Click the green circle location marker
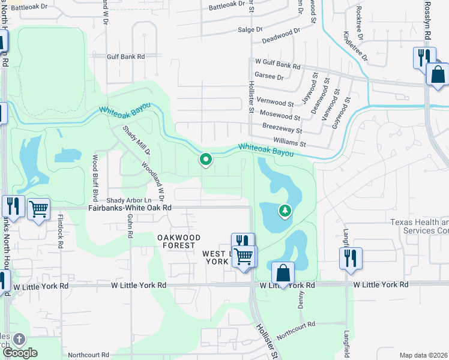pyautogui.click(x=206, y=159)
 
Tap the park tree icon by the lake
pyautogui.click(x=285, y=211)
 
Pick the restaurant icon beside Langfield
pyautogui.click(x=349, y=258)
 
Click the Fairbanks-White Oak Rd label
pyautogui.click(x=130, y=208)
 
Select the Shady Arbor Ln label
pyautogui.click(x=136, y=200)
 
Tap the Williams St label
pyautogui.click(x=289, y=143)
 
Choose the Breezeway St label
pyautogui.click(x=283, y=129)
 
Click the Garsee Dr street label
pyautogui.click(x=269, y=76)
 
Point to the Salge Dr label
pyautogui.click(x=250, y=29)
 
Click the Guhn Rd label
pyautogui.click(x=130, y=227)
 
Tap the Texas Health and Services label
pyautogui.click(x=419, y=226)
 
